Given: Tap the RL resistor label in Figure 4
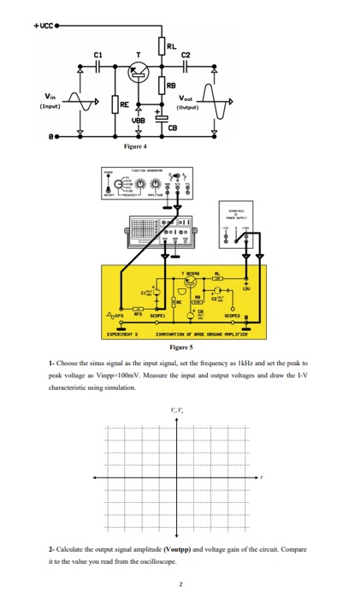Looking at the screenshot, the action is (x=173, y=48).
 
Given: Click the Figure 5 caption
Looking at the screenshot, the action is (x=180, y=349).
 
